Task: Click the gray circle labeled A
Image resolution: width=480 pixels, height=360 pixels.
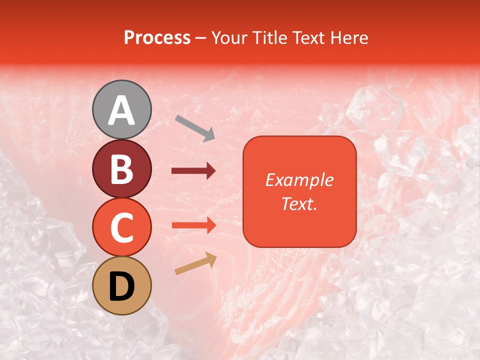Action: click(122, 109)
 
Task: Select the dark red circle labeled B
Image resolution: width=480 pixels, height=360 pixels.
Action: click(122, 168)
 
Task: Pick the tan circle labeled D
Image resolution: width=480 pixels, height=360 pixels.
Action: click(122, 285)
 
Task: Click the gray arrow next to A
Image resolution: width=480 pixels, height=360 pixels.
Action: click(195, 127)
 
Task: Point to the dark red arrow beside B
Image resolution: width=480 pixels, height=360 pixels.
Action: click(193, 171)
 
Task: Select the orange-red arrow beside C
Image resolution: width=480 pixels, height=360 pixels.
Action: click(193, 225)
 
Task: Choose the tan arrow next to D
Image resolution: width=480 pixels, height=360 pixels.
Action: click(195, 263)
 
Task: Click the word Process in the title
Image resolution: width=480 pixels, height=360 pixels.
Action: click(157, 37)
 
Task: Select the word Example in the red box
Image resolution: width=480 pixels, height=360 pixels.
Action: click(299, 180)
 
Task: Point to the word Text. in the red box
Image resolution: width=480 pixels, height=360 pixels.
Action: click(299, 203)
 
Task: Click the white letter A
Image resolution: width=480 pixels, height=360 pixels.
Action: click(122, 110)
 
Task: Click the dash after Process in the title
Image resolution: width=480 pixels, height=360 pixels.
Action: click(201, 38)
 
